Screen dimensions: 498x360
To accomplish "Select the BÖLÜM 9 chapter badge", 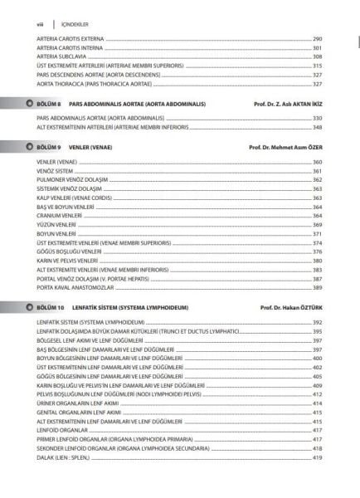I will click(46, 146).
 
